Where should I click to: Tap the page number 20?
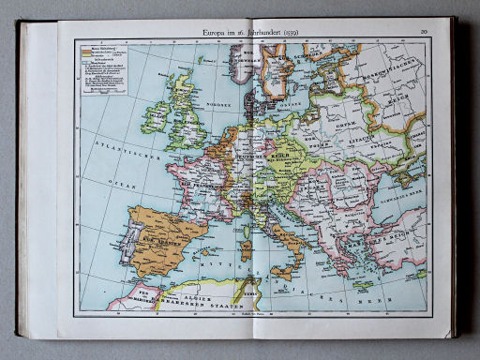[425, 33]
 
